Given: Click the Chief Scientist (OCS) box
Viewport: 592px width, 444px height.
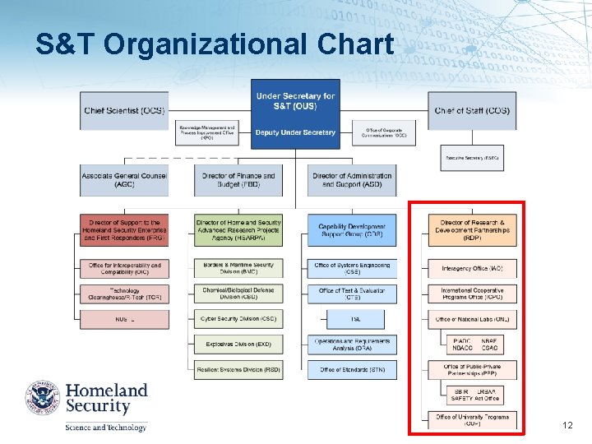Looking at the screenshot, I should click(x=123, y=111).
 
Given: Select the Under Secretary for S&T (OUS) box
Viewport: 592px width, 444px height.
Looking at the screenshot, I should click(x=295, y=101).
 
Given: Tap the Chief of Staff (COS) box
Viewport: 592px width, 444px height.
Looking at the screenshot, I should click(x=472, y=111).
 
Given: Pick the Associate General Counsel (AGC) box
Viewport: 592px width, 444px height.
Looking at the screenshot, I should click(x=123, y=179).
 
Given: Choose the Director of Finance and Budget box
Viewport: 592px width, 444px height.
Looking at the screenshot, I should click(x=238, y=179).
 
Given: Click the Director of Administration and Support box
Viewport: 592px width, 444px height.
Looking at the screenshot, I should click(x=352, y=179).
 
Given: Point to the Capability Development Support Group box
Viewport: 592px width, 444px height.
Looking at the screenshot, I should click(x=352, y=230).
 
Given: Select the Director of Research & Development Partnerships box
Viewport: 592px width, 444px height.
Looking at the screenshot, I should click(x=472, y=230).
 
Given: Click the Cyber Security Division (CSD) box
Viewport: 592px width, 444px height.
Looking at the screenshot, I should click(x=238, y=318).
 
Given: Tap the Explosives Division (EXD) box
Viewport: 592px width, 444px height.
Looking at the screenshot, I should click(x=238, y=344).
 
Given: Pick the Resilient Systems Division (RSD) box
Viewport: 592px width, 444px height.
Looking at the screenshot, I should click(x=238, y=370).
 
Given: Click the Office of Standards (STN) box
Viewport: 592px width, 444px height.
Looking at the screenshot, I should click(x=352, y=370).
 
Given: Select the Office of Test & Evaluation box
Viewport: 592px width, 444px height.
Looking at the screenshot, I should click(x=352, y=294).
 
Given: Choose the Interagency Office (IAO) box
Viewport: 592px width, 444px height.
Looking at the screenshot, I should click(x=472, y=268).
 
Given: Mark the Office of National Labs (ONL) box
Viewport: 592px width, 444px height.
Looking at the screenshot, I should click(x=472, y=319).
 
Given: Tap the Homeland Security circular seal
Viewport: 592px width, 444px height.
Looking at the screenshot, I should click(x=42, y=397).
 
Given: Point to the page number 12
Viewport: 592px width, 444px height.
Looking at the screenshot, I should click(x=567, y=425).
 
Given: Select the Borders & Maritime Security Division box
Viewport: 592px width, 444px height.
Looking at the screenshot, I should click(x=238, y=268).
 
